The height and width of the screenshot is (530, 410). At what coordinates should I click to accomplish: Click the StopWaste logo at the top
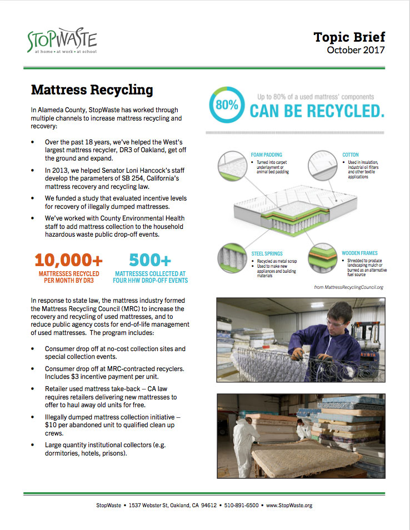click(62, 41)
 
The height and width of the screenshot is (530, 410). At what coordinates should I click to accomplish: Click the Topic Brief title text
click(349, 37)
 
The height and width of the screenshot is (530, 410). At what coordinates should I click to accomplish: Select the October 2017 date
click(356, 50)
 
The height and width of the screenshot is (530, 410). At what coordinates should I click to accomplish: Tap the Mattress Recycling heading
click(92, 89)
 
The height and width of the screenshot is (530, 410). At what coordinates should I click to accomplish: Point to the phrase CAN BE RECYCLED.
click(317, 111)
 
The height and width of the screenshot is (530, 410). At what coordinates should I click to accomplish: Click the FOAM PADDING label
click(266, 155)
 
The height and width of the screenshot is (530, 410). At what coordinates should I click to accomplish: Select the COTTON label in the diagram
click(350, 155)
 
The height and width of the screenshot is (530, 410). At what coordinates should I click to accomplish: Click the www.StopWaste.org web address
click(289, 505)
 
